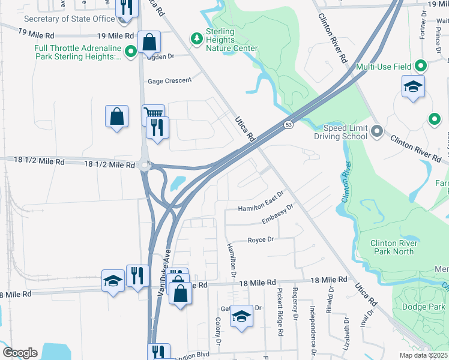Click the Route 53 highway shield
tap(289, 124)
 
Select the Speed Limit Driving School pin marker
tap(377, 130)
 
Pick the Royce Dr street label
tap(261, 239)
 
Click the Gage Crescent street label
tap(170, 80)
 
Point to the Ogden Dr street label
tap(159, 56)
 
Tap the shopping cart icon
tap(153, 113)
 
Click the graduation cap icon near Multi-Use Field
tap(413, 86)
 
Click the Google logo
tap(20, 353)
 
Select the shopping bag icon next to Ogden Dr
tap(149, 43)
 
